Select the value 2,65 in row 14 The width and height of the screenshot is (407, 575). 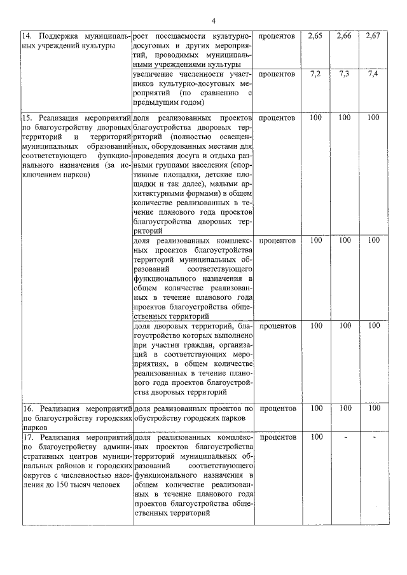[x=315, y=36]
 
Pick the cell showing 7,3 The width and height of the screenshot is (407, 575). [x=345, y=74]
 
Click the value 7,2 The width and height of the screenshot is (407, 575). [x=315, y=74]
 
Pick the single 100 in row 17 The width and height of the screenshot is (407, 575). [x=315, y=437]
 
